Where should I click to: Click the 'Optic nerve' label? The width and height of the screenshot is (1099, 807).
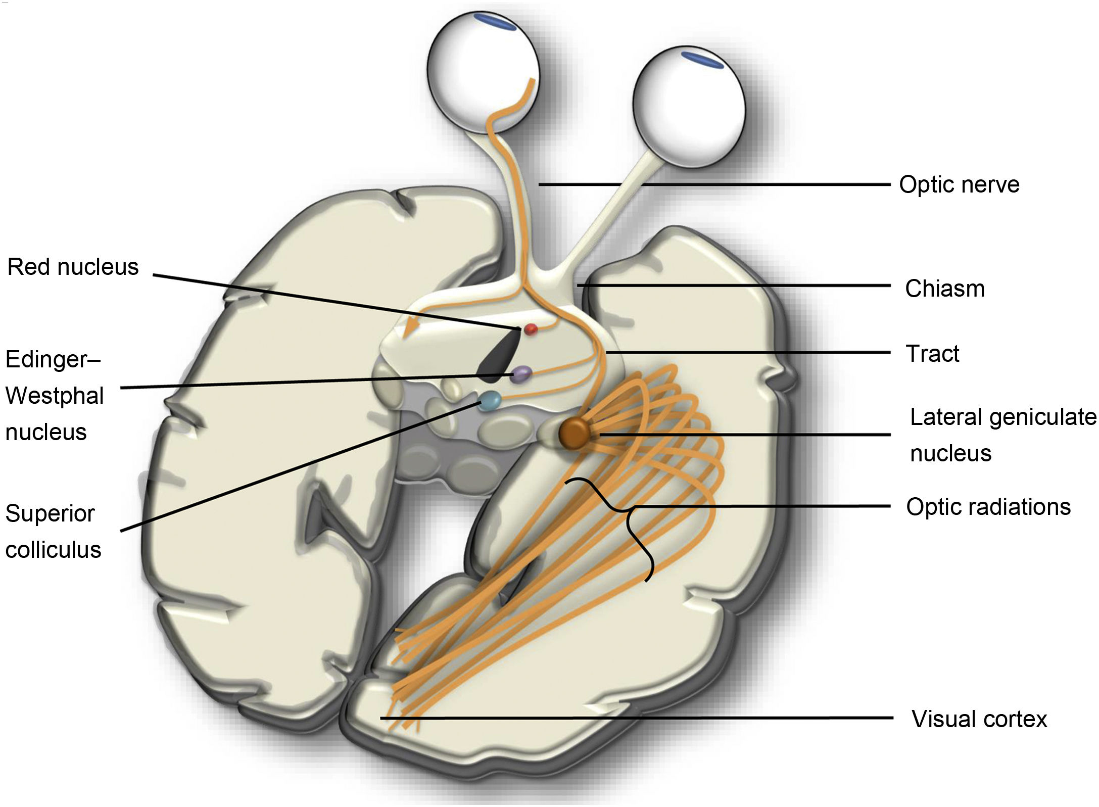click(959, 185)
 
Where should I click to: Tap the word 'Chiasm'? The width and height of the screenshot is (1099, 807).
click(944, 289)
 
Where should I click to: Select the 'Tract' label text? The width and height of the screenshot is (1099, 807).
click(932, 354)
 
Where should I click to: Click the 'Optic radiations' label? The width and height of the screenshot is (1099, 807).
click(988, 507)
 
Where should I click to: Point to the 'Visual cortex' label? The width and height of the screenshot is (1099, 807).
click(979, 719)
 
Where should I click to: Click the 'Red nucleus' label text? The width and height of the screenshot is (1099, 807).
click(73, 267)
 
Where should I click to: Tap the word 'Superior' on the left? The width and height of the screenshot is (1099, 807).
click(50, 514)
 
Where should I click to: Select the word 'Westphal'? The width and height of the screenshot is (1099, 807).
click(55, 396)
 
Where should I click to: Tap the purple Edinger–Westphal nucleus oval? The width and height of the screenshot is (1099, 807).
click(521, 374)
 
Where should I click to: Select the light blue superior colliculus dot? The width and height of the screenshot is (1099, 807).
click(490, 401)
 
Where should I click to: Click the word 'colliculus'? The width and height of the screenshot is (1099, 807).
click(53, 550)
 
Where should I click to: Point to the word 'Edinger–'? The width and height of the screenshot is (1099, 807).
click(53, 359)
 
